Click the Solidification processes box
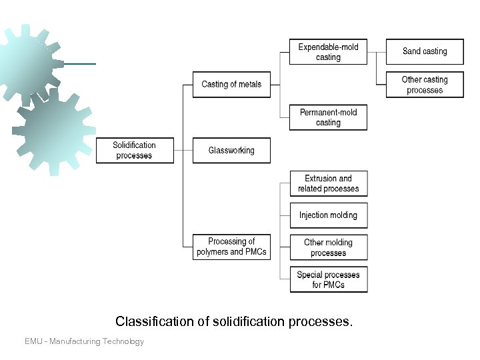pyautogui.click(x=135, y=151)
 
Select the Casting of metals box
pyautogui.click(x=231, y=85)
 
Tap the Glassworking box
pyautogui.click(x=231, y=151)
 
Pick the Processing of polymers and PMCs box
pyautogui.click(x=231, y=247)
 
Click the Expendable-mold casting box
pyautogui.click(x=328, y=52)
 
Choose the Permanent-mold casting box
pyautogui.click(x=328, y=117)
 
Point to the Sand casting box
pyautogui.click(x=425, y=51)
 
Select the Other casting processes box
pyautogui.click(x=425, y=85)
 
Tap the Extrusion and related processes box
pyautogui.click(x=328, y=183)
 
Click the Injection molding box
pyautogui.click(x=328, y=215)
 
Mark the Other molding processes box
pyautogui.click(x=328, y=247)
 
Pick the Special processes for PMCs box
pyautogui.click(x=328, y=279)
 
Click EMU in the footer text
pyautogui.click(x=34, y=341)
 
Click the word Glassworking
pyautogui.click(x=231, y=151)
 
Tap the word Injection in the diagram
pyautogui.click(x=313, y=215)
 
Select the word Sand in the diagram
pyautogui.click(x=412, y=51)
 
